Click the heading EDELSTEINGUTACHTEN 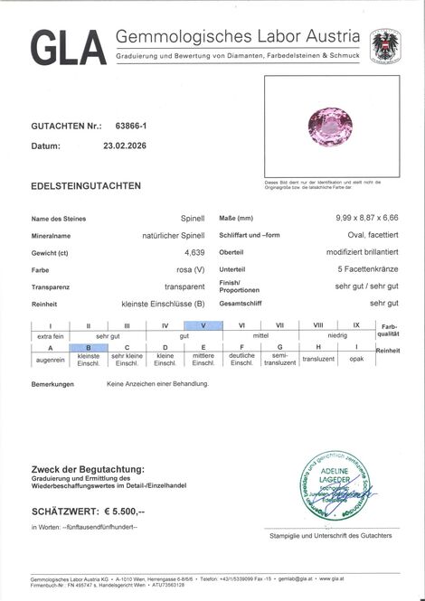pos(86,185)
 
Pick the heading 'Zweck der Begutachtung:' pos(87,469)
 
